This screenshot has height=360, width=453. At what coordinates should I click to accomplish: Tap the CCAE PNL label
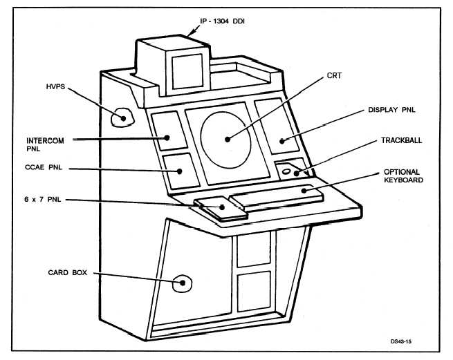(x=44, y=168)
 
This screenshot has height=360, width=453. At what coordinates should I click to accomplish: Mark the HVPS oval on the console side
(x=123, y=117)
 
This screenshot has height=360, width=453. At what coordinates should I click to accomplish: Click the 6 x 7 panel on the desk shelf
(x=220, y=207)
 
